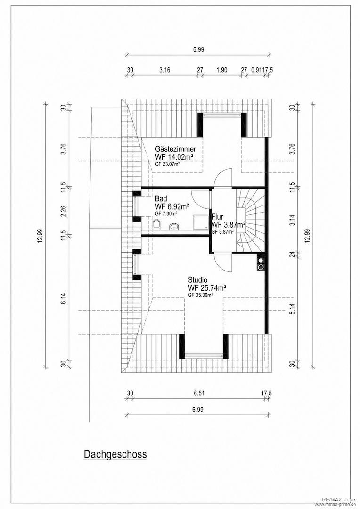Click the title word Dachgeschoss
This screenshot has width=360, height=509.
(x=115, y=454)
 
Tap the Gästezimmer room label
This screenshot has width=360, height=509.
(x=175, y=149)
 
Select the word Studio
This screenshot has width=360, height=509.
(x=197, y=280)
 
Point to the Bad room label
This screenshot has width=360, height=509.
(x=161, y=198)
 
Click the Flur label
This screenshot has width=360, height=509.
(x=217, y=216)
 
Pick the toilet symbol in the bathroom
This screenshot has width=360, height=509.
(x=156, y=224)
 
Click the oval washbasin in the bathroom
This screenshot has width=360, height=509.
(x=174, y=227)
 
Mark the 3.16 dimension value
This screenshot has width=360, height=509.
(x=165, y=70)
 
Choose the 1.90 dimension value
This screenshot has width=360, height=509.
(x=221, y=70)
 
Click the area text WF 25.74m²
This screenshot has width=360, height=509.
(x=207, y=287)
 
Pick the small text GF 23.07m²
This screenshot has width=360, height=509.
(x=167, y=164)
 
